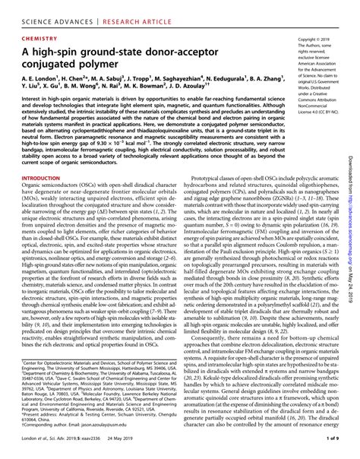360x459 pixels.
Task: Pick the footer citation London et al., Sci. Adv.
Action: [x=38, y=450]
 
